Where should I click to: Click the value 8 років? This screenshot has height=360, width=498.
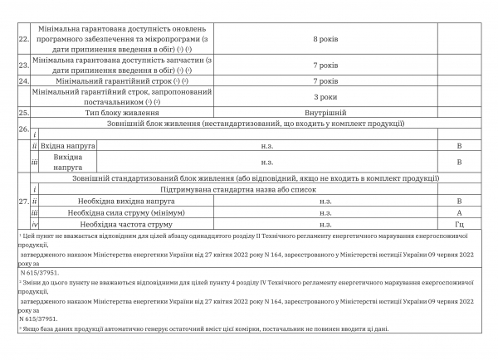click(325, 38)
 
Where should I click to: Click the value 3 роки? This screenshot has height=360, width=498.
click(325, 96)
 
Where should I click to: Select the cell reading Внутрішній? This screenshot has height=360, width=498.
click(325, 112)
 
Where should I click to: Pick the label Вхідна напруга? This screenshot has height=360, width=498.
click(67, 145)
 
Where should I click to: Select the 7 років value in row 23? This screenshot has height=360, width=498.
click(325, 65)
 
